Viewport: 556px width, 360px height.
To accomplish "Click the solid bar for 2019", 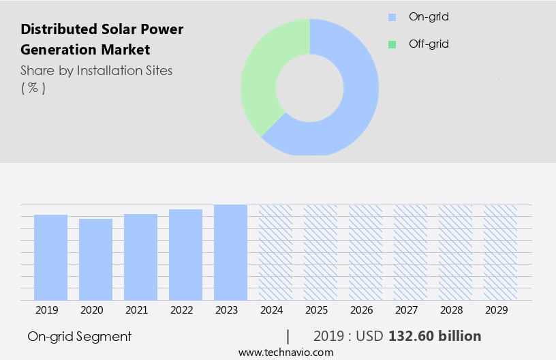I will point(50,257).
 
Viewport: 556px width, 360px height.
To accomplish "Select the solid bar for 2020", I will point(95,259).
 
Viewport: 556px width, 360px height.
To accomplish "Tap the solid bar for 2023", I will point(230,252).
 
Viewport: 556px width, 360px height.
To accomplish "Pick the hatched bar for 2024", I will point(275,252).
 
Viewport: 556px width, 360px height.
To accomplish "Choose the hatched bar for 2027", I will point(410,252).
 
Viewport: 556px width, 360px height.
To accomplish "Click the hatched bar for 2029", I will point(500,252).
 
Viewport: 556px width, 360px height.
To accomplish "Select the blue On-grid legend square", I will point(392,17).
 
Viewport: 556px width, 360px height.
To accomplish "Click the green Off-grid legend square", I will point(392,44).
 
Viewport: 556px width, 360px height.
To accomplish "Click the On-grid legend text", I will point(428,17).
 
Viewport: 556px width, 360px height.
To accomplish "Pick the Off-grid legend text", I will point(429,44).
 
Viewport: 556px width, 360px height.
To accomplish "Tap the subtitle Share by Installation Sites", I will point(96,70).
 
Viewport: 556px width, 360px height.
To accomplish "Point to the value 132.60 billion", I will point(435,336).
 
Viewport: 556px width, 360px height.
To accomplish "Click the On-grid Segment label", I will point(79,336).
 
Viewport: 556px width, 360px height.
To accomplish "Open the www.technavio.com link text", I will point(285,352).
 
